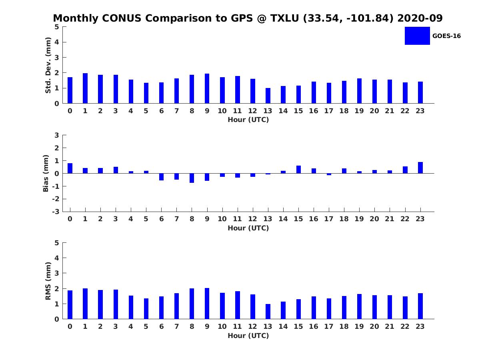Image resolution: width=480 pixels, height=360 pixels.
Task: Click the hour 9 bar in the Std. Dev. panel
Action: [207, 88]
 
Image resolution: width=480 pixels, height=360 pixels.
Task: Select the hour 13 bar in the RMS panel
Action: [268, 312]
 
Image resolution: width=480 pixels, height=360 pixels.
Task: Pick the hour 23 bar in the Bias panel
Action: [420, 168]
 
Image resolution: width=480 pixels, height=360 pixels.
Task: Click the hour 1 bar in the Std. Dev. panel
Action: [85, 88]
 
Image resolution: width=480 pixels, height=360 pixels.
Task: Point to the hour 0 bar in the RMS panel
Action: [70, 305]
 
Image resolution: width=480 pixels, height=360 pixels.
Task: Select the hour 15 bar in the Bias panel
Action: [298, 170]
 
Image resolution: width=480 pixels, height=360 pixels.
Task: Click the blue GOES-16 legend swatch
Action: [417, 36]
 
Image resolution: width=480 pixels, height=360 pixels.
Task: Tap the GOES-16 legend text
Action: [446, 36]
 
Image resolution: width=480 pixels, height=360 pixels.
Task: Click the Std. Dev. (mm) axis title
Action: [48, 65]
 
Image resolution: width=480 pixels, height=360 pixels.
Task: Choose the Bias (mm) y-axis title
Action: [46, 173]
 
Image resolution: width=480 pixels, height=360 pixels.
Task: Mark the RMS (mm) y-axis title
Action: [48, 281]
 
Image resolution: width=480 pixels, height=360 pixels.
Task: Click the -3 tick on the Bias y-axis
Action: [56, 212]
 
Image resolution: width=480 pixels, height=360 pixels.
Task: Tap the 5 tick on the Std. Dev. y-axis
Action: [57, 27]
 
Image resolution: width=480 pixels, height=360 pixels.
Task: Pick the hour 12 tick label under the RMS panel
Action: [252, 326]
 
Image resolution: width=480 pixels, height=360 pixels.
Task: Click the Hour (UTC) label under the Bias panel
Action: [248, 228]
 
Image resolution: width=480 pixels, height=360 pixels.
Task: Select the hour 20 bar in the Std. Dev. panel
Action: [374, 92]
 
